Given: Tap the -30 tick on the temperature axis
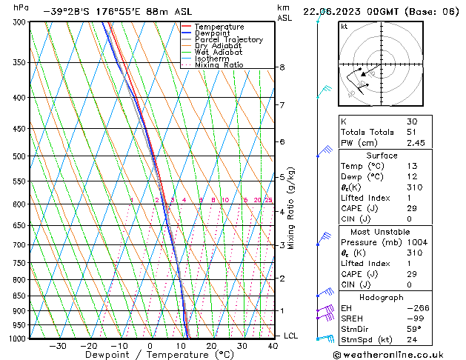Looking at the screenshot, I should click(57, 345).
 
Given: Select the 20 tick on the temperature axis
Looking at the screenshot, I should click(211, 345).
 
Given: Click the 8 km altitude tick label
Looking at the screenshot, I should click(282, 67).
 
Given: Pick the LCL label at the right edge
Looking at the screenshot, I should click(291, 336).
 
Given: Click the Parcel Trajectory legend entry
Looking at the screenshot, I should click(228, 39).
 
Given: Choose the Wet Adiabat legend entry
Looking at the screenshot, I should click(218, 53).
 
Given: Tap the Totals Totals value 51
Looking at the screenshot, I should click(412, 132).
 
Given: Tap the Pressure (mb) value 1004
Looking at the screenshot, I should click(416, 242).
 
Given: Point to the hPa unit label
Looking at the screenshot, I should click(21, 7).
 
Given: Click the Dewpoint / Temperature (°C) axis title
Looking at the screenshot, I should click(149, 355).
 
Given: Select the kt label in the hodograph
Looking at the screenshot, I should click(344, 26).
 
